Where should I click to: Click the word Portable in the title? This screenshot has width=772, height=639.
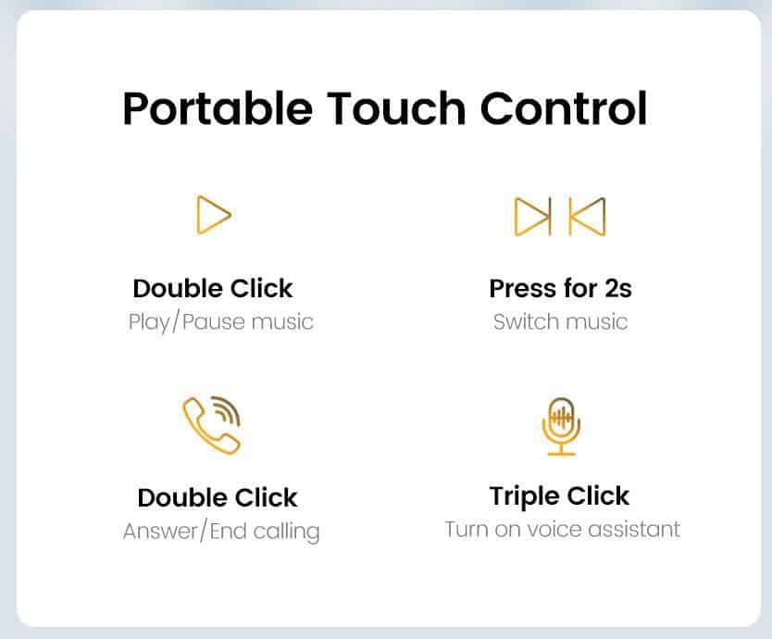(x=218, y=109)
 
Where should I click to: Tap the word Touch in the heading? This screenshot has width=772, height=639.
(x=396, y=108)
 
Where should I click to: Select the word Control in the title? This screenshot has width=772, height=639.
(x=563, y=108)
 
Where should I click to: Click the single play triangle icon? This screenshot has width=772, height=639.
(x=214, y=215)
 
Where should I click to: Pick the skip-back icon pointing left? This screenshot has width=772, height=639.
(x=588, y=217)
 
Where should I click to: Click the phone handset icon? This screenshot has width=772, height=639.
(x=209, y=427)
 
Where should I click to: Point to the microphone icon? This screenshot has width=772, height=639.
(x=561, y=427)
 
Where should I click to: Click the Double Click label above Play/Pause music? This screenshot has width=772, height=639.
(x=213, y=288)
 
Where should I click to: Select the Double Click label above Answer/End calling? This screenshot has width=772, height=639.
(x=218, y=497)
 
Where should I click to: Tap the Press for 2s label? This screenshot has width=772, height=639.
(x=560, y=289)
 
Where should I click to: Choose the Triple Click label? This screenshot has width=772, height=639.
(x=559, y=496)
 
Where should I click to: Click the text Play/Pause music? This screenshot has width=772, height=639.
(x=220, y=322)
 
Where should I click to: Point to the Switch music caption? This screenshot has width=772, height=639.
(x=560, y=322)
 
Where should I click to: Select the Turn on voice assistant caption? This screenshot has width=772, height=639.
(x=562, y=530)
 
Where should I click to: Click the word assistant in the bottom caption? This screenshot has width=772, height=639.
(x=634, y=530)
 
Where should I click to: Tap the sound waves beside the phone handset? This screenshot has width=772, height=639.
(x=228, y=410)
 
